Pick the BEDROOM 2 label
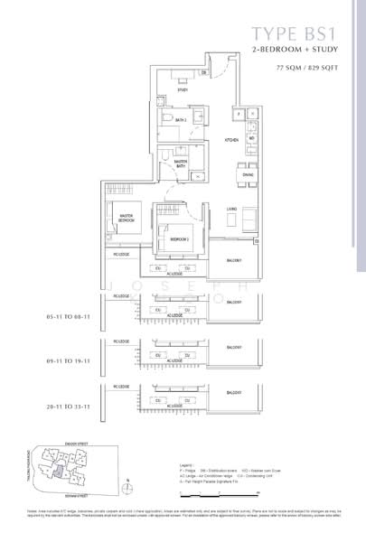coord(179,239)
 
